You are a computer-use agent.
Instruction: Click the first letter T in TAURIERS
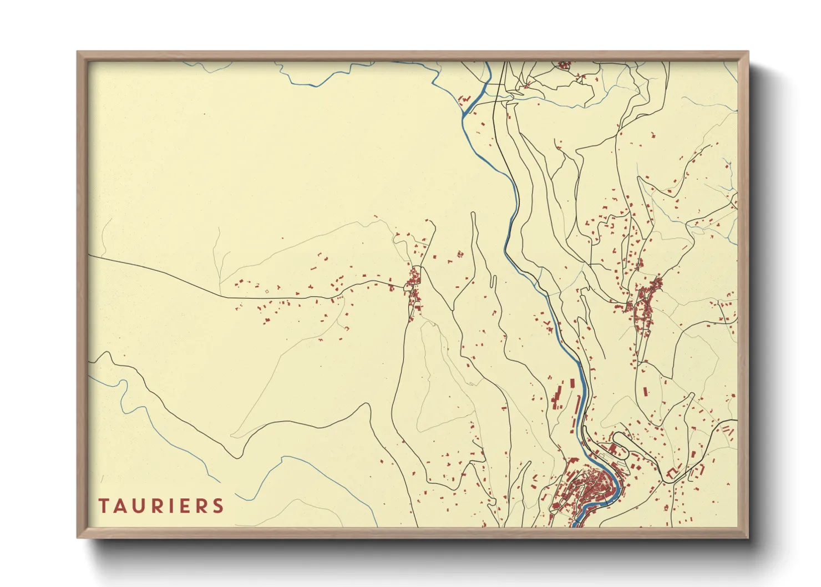tap(104, 506)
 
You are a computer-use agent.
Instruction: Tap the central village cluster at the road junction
tap(414, 289)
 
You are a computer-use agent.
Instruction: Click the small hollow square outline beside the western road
tap(266, 291)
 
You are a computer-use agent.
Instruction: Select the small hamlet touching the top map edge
tap(564, 65)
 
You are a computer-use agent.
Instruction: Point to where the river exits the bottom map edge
tap(577, 525)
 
